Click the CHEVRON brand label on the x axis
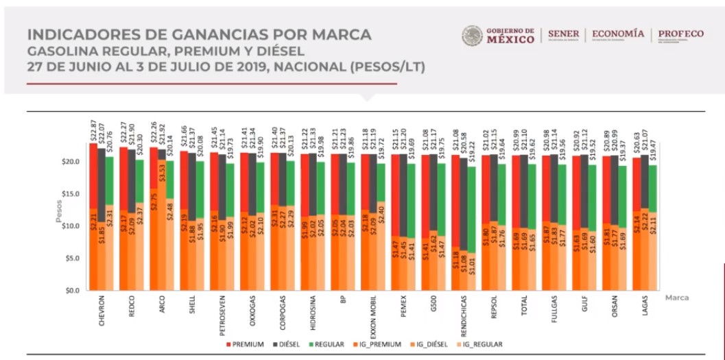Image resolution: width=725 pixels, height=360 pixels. point(102,312)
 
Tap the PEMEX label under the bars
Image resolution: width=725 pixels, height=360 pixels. point(404,308)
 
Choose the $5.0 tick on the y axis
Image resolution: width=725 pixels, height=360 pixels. point(70,259)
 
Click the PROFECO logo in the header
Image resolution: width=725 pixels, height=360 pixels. point(680,34)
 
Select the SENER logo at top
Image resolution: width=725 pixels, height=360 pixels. point(563,34)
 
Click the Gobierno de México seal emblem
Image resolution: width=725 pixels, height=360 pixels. point(472,36)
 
